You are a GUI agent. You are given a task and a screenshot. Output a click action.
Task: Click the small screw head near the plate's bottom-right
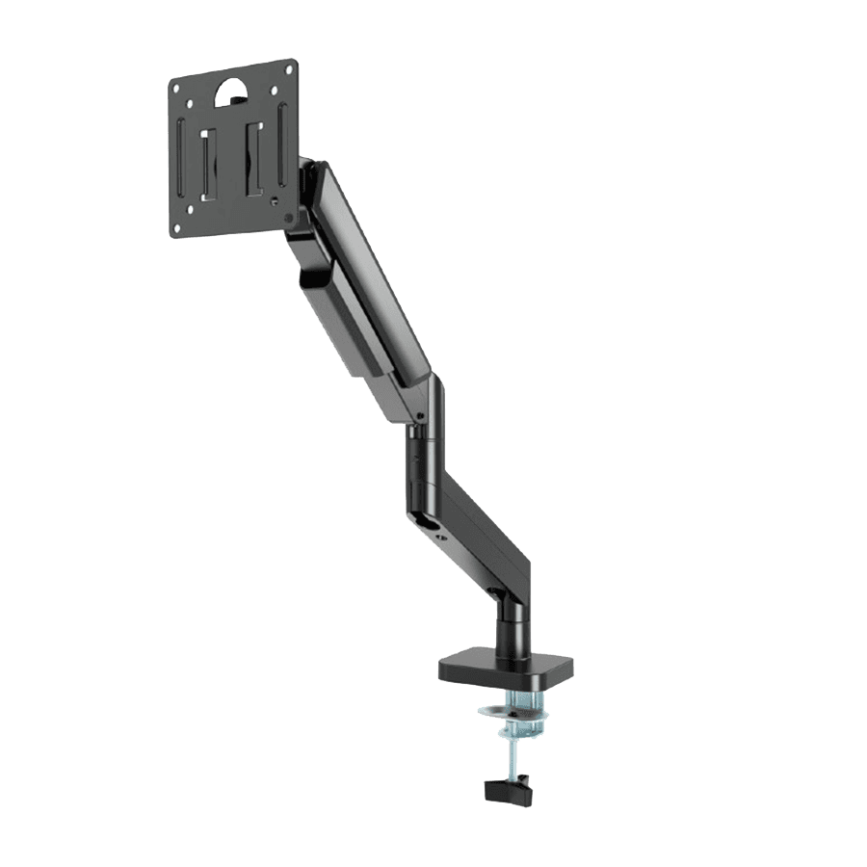tap(276, 201)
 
